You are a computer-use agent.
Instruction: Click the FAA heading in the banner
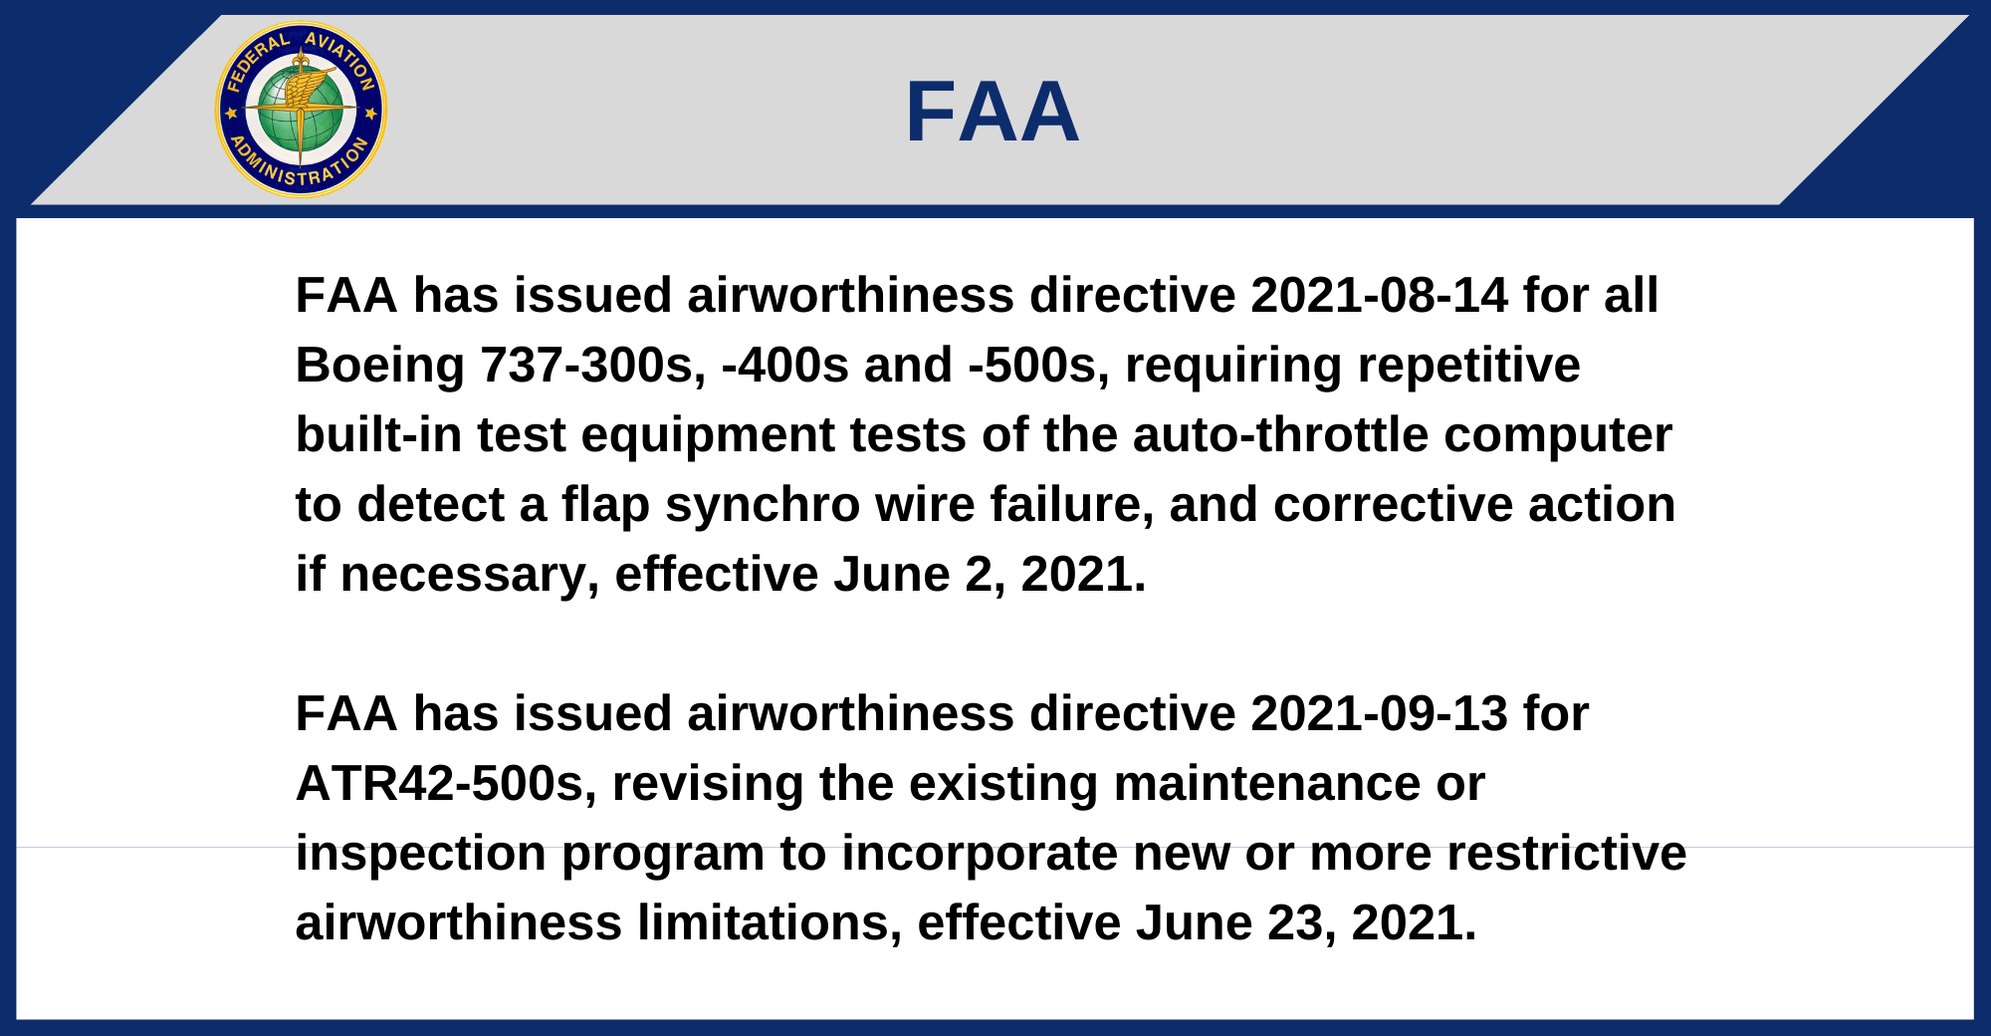click(993, 112)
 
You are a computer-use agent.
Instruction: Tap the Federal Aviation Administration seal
click(301, 110)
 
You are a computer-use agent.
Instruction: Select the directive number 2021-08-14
click(1379, 296)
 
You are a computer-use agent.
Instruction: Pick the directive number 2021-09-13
click(1379, 714)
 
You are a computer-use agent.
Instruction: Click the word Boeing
click(380, 366)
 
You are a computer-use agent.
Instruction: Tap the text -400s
click(785, 366)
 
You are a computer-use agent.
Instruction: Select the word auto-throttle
click(1280, 435)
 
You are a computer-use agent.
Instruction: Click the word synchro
click(763, 505)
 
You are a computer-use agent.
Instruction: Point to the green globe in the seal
click(301, 110)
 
